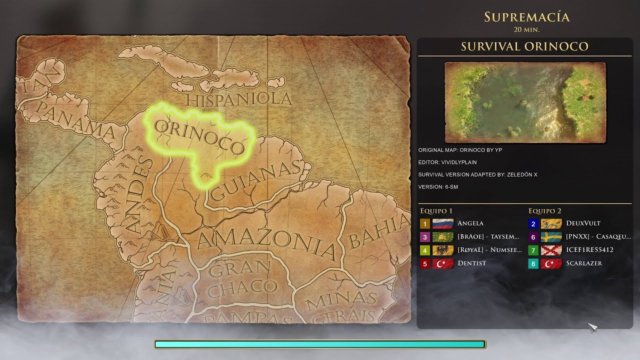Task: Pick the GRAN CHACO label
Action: click(242, 278)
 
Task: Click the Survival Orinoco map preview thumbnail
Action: click(525, 102)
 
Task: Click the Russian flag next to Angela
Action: click(442, 223)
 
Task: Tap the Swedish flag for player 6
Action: click(551, 237)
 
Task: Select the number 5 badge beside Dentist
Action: click(425, 263)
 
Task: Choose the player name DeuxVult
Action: click(583, 223)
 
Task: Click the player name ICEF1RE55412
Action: click(589, 250)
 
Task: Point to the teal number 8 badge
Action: click(533, 263)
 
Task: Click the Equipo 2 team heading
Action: click(544, 211)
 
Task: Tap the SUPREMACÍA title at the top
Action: click(526, 17)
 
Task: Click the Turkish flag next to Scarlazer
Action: click(551, 263)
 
